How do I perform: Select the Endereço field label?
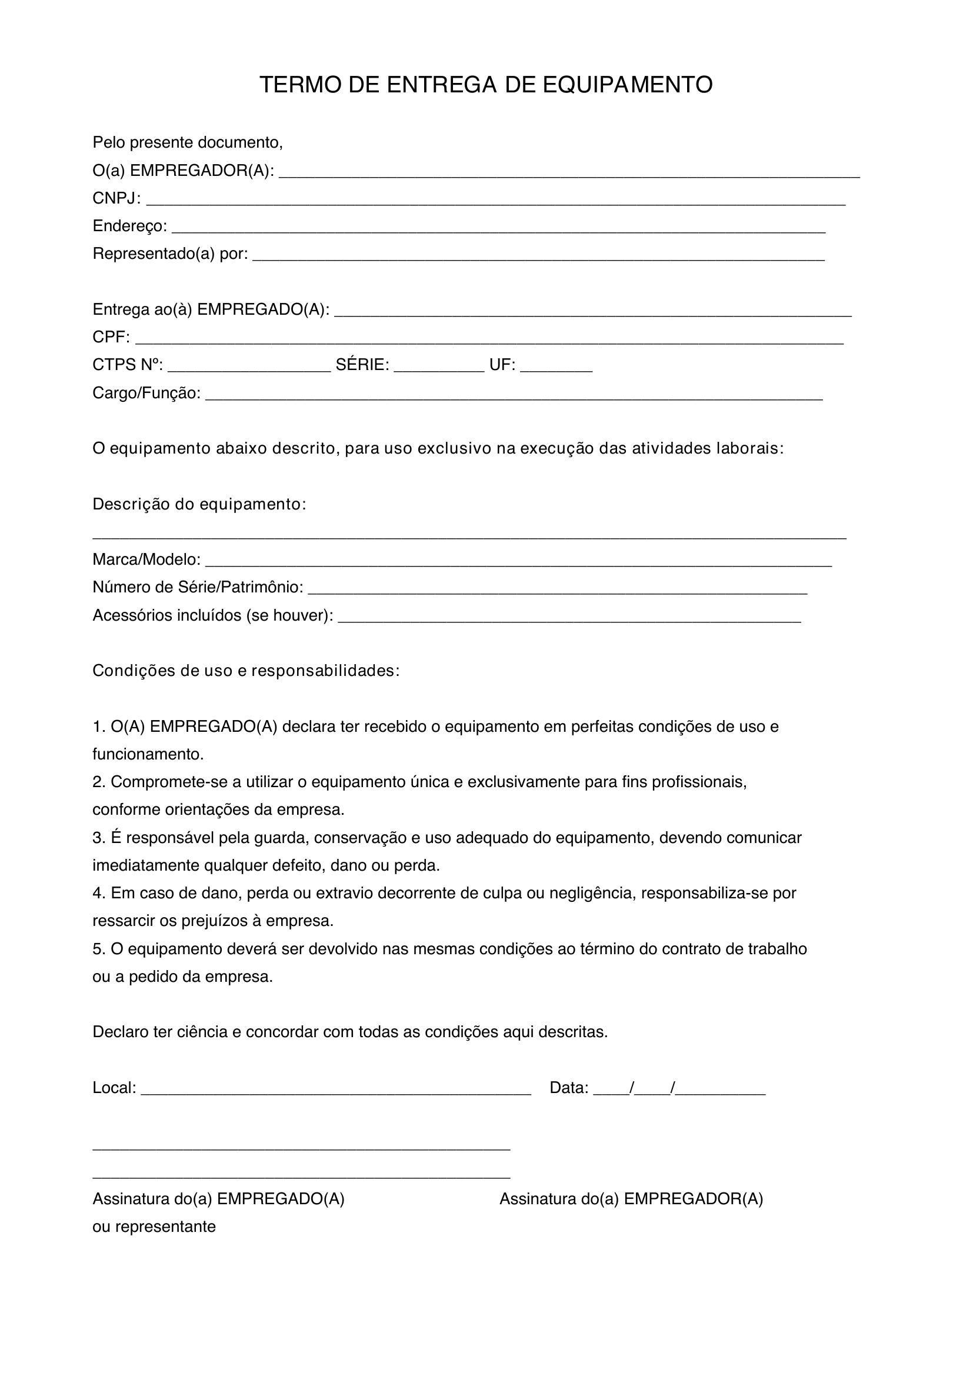[129, 226]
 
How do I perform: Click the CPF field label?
[110, 338]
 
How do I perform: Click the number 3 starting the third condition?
[98, 838]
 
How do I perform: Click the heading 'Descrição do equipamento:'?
[199, 505]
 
